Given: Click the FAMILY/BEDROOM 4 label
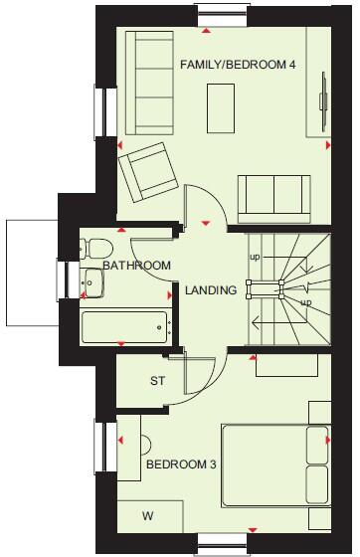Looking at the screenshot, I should [x=238, y=65].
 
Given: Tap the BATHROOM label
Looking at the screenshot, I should [x=137, y=266].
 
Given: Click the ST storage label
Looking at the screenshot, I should [x=157, y=381].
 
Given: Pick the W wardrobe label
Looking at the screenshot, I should [x=148, y=515].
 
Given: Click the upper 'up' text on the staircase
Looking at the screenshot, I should [x=256, y=257].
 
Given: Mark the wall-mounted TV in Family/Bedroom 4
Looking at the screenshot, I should [x=322, y=99].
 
